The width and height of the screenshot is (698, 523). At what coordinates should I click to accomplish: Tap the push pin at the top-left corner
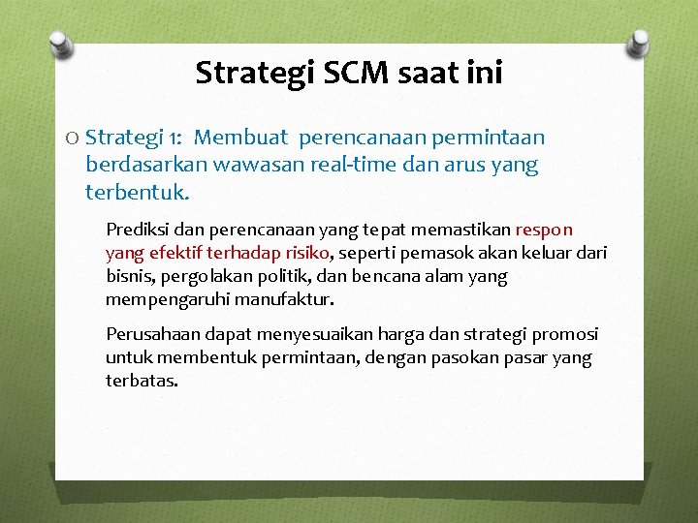[60, 44]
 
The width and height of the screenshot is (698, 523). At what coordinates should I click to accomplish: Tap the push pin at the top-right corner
[640, 43]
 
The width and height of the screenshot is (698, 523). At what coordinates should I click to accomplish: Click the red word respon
[544, 231]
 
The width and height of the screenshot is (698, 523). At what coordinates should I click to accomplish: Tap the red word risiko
[305, 254]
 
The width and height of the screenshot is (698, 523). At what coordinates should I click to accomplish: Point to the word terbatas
[142, 381]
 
